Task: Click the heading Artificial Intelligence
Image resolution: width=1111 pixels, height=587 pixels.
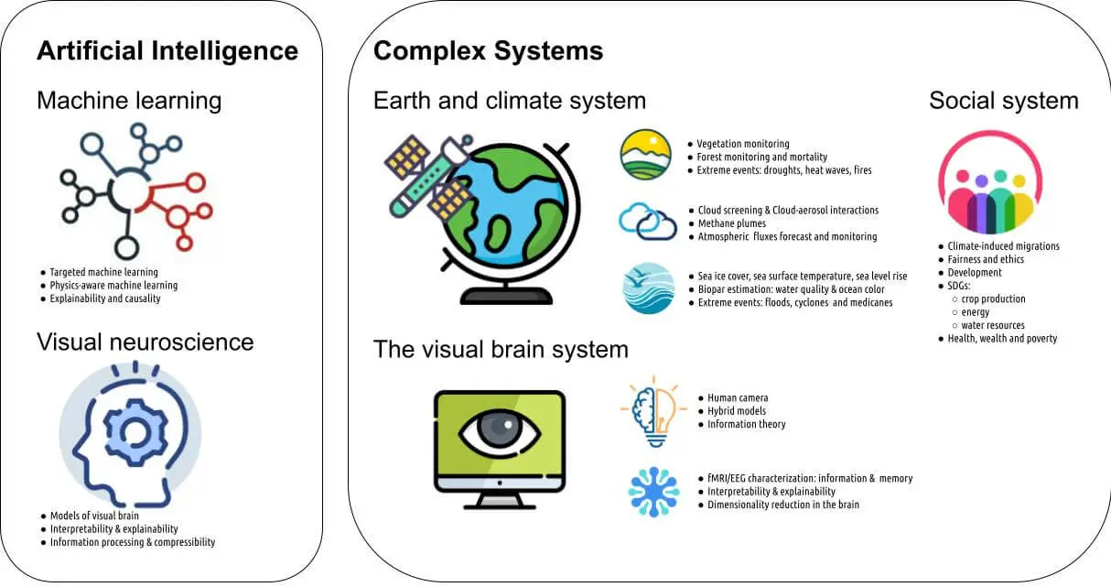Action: tap(167, 50)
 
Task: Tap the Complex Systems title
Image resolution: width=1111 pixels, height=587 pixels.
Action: tap(488, 50)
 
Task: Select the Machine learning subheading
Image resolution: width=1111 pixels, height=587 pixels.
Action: tap(129, 100)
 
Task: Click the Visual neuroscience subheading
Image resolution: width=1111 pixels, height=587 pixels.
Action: tap(145, 342)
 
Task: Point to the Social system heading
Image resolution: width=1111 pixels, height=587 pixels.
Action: tap(1003, 100)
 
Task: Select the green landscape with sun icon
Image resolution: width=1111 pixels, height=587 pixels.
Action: tap(646, 155)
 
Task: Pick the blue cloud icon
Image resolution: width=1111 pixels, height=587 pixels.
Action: tap(647, 222)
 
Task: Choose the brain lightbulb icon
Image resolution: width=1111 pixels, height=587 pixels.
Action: tap(653, 409)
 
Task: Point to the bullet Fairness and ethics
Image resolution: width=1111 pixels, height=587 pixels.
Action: tap(986, 259)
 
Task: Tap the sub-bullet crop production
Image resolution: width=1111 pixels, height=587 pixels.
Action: tap(994, 299)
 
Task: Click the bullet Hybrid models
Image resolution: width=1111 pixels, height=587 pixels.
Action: tap(737, 411)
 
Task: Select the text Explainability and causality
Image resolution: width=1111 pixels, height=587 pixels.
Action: tap(104, 299)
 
